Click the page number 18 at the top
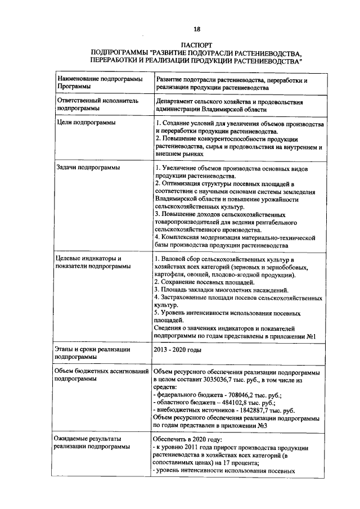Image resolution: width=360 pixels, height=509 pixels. pos(197,29)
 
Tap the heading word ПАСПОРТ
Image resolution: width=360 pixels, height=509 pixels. pos(197,44)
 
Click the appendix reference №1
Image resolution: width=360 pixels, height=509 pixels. pos(314,336)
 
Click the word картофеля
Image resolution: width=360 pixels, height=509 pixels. pos(170,274)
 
